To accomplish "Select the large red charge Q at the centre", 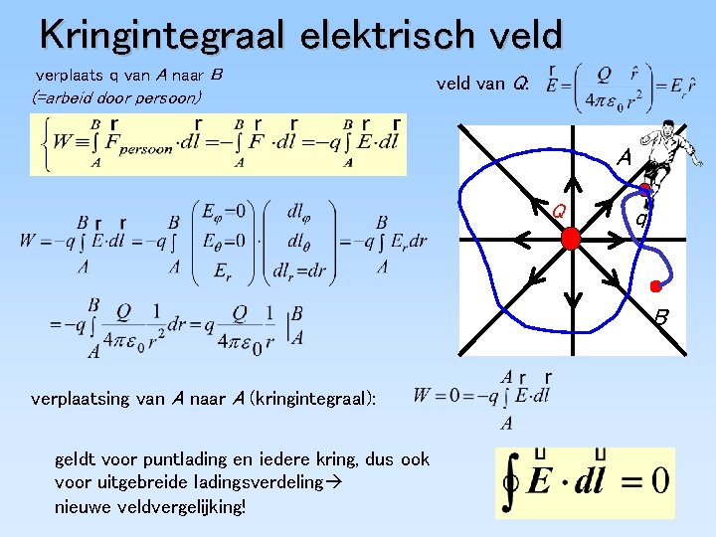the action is click(570, 239).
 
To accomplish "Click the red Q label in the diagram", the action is click(559, 211).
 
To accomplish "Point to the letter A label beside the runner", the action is click(624, 157).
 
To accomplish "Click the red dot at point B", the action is click(656, 287).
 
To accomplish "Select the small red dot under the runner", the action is click(644, 189).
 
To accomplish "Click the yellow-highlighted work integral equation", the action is click(219, 144).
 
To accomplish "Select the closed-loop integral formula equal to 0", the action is click(585, 481).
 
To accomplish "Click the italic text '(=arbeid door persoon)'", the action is click(117, 97).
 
